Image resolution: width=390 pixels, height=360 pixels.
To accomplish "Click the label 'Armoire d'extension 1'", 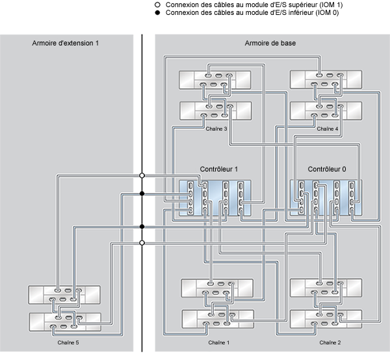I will (65, 44).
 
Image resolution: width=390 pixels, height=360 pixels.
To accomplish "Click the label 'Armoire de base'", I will (267, 44).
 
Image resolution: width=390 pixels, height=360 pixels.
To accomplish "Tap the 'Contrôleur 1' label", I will (218, 169).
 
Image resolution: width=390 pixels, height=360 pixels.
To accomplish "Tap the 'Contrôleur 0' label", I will (326, 169).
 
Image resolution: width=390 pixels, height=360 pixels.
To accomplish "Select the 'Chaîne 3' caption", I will (216, 129).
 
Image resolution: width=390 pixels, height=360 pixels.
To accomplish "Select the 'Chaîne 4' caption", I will (327, 129).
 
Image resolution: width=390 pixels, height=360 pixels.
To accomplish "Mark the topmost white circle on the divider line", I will (142, 175).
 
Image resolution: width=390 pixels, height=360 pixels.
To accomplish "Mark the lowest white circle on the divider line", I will (142, 243).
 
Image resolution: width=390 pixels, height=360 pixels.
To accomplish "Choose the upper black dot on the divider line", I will (142, 194).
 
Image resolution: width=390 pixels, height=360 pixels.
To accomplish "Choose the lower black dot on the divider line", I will (142, 226).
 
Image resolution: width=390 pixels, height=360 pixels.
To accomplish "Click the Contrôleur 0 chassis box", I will (326, 198).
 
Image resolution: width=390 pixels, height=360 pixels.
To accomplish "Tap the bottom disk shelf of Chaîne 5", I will (64, 320).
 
